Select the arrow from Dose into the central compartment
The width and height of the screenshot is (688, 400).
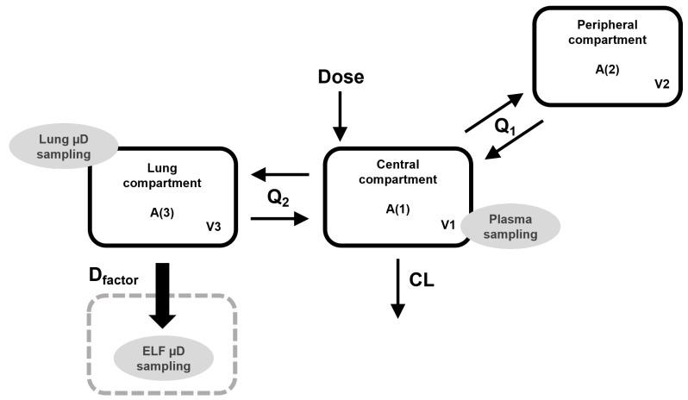(341, 116)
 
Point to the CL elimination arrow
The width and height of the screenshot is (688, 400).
(397, 288)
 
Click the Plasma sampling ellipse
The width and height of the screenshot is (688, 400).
(510, 226)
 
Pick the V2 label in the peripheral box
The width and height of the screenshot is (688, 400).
(660, 85)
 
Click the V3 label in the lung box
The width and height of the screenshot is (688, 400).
(214, 226)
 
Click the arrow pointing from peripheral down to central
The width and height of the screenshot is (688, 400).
(514, 140)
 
